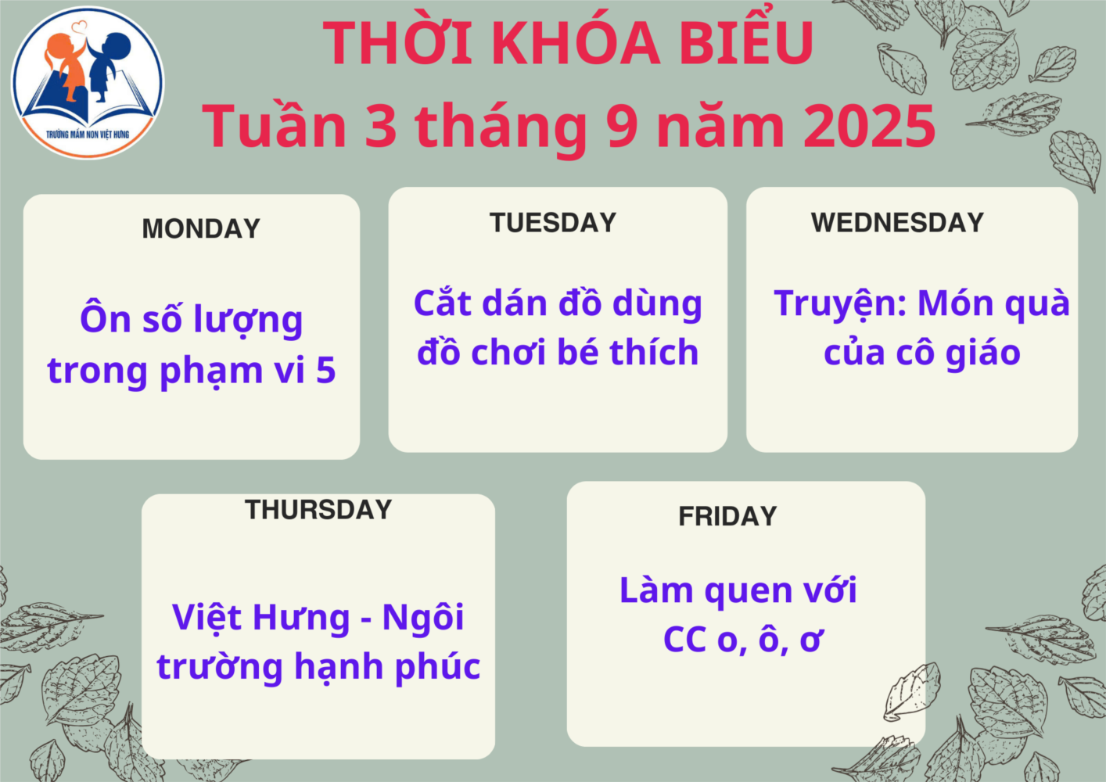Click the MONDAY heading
201,228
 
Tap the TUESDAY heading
553,223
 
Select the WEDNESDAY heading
898,223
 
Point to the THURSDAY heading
318,510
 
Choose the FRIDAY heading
727,516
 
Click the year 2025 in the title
870,126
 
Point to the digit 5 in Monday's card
326,370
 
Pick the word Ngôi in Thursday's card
423,617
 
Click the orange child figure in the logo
63,64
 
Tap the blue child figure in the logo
108,65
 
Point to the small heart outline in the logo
79,26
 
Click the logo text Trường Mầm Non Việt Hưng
88,135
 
